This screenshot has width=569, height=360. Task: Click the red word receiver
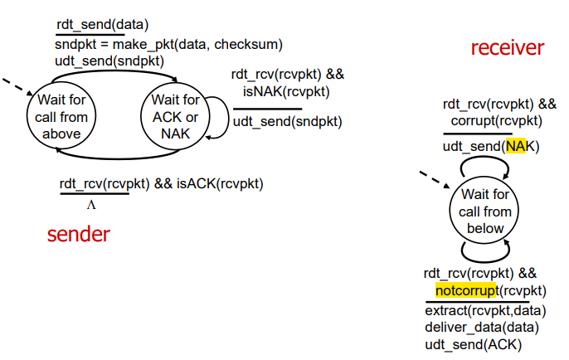(507, 48)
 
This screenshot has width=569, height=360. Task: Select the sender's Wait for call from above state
(61, 116)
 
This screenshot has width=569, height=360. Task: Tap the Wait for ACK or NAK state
(174, 116)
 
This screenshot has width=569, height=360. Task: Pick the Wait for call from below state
(486, 212)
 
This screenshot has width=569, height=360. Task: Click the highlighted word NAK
(516, 146)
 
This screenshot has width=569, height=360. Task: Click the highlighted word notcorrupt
(466, 290)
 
